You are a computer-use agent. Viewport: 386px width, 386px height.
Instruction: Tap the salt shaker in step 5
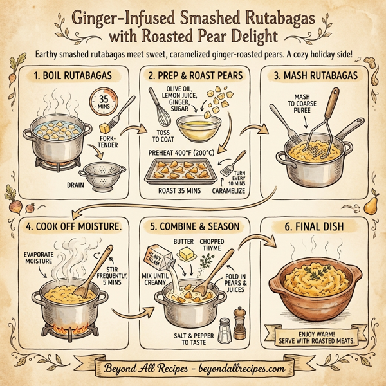click(225, 331)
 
